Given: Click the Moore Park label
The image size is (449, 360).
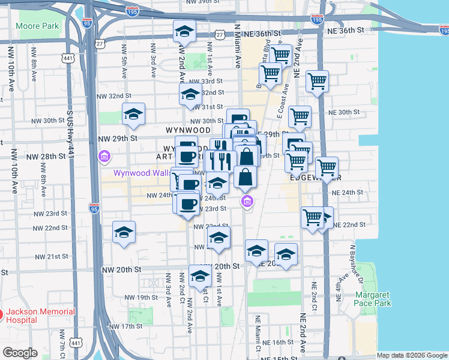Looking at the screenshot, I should pos(37,26).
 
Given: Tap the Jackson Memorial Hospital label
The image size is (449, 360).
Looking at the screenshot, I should pos(41,316).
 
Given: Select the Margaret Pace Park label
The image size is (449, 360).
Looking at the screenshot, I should pos(372,299).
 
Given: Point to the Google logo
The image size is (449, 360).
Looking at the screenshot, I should pos(20,353).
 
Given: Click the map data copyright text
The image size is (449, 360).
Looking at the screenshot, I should pos(412,355).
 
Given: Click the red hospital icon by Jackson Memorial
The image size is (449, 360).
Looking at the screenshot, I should pos(1,314).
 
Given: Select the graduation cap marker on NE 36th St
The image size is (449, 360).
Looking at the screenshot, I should pos(184,32).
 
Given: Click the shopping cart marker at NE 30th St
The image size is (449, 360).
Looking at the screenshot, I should pos(300,116).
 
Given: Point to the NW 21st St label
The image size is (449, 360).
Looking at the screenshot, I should pos(52,257).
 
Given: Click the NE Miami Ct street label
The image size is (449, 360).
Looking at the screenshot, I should pos(258,332).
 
